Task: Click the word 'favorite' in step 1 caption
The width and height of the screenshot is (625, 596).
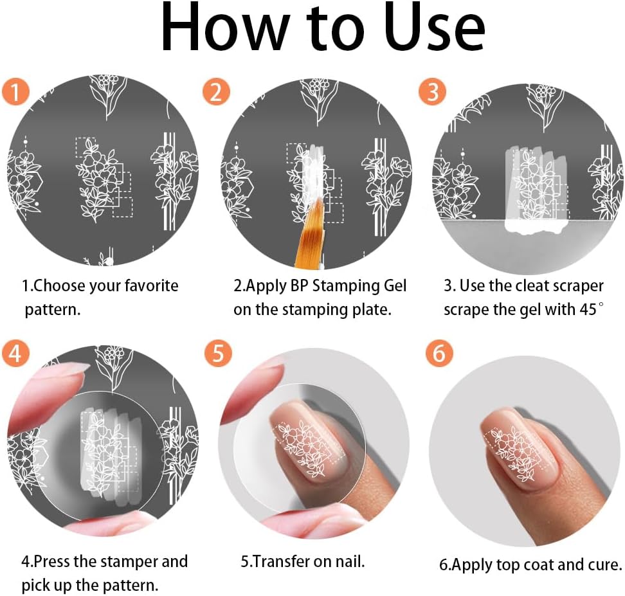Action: coord(148,285)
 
